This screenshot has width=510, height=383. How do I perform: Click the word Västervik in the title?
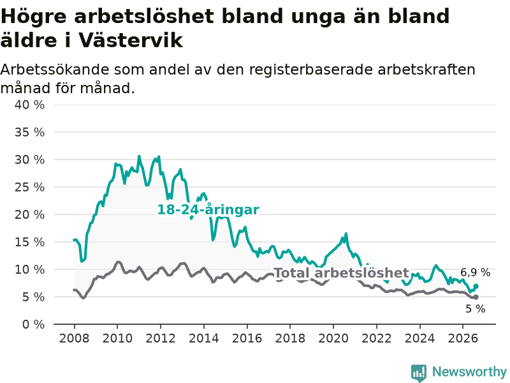pos(131,40)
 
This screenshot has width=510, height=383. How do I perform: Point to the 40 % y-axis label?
pos(29,105)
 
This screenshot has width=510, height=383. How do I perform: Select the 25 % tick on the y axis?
pos(29,187)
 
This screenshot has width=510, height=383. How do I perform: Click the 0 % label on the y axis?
pos(33,324)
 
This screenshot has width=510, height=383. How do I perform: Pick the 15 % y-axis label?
pos(29,242)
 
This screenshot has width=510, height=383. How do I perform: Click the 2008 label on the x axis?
pos(74,338)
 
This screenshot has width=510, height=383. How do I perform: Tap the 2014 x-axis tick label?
pos(204,338)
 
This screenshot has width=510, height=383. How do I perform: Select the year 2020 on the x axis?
pos(333,338)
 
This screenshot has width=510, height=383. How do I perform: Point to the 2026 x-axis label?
pos(463,338)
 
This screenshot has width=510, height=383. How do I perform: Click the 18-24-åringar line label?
pos(208,210)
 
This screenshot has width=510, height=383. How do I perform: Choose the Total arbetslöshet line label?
pos(342,273)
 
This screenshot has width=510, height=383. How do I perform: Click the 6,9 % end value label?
pos(475,273)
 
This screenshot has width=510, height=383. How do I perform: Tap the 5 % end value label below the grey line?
pos(475,308)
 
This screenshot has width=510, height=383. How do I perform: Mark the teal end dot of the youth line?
pos(476,286)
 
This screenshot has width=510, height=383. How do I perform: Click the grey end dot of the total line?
pos(476,297)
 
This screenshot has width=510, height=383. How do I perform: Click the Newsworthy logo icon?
pos(419,373)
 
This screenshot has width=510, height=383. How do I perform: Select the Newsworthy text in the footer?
pos(469,372)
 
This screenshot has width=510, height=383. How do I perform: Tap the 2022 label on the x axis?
pos(377,338)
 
